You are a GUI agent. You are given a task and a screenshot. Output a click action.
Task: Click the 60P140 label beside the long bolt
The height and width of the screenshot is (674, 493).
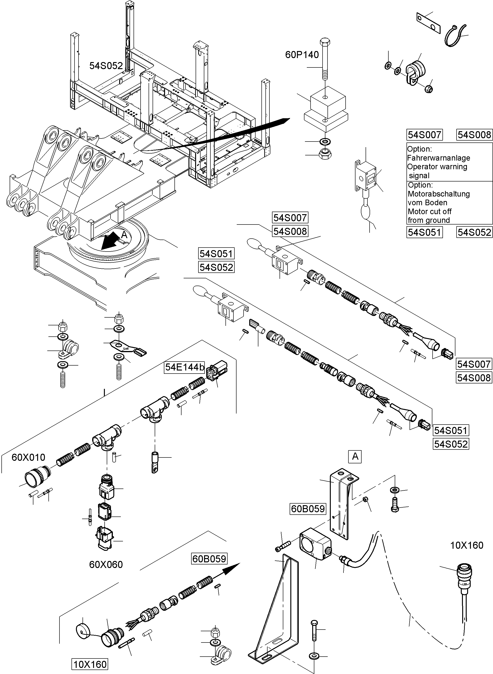[x=302, y=55]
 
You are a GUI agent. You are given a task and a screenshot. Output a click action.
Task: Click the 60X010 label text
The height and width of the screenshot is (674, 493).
[x=28, y=457]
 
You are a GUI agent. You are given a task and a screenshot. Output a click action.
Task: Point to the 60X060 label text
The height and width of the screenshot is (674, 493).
[x=106, y=564]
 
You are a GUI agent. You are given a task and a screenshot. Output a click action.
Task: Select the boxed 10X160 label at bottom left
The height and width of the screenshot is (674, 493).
[x=90, y=664]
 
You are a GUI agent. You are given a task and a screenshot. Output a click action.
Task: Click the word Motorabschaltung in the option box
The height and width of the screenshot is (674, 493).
[x=438, y=194]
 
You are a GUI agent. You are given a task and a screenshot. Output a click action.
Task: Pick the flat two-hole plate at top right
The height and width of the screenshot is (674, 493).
[x=428, y=23]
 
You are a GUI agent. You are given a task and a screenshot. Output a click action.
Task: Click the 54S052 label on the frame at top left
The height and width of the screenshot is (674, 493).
[x=106, y=66]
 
